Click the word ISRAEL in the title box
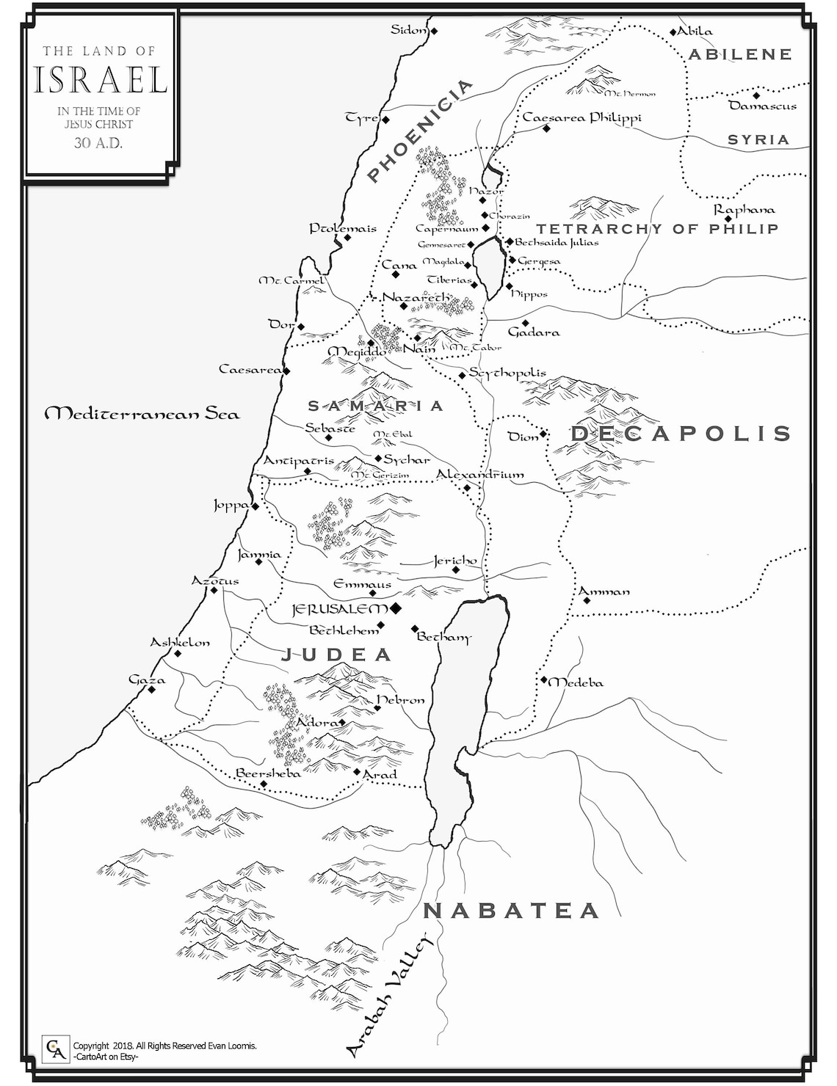point(101,80)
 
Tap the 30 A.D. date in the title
point(98,143)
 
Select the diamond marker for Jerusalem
point(396,608)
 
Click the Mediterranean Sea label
point(142,414)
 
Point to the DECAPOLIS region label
point(681,434)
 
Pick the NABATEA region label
point(511,911)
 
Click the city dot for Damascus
point(756,95)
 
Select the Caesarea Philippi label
point(581,118)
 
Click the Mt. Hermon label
point(630,94)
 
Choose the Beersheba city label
point(268,773)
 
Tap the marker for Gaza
point(151,690)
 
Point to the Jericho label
point(455,561)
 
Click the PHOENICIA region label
point(420,131)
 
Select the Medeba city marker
point(544,680)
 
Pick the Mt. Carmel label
point(291,280)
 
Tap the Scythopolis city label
point(507,373)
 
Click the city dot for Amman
point(587,600)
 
